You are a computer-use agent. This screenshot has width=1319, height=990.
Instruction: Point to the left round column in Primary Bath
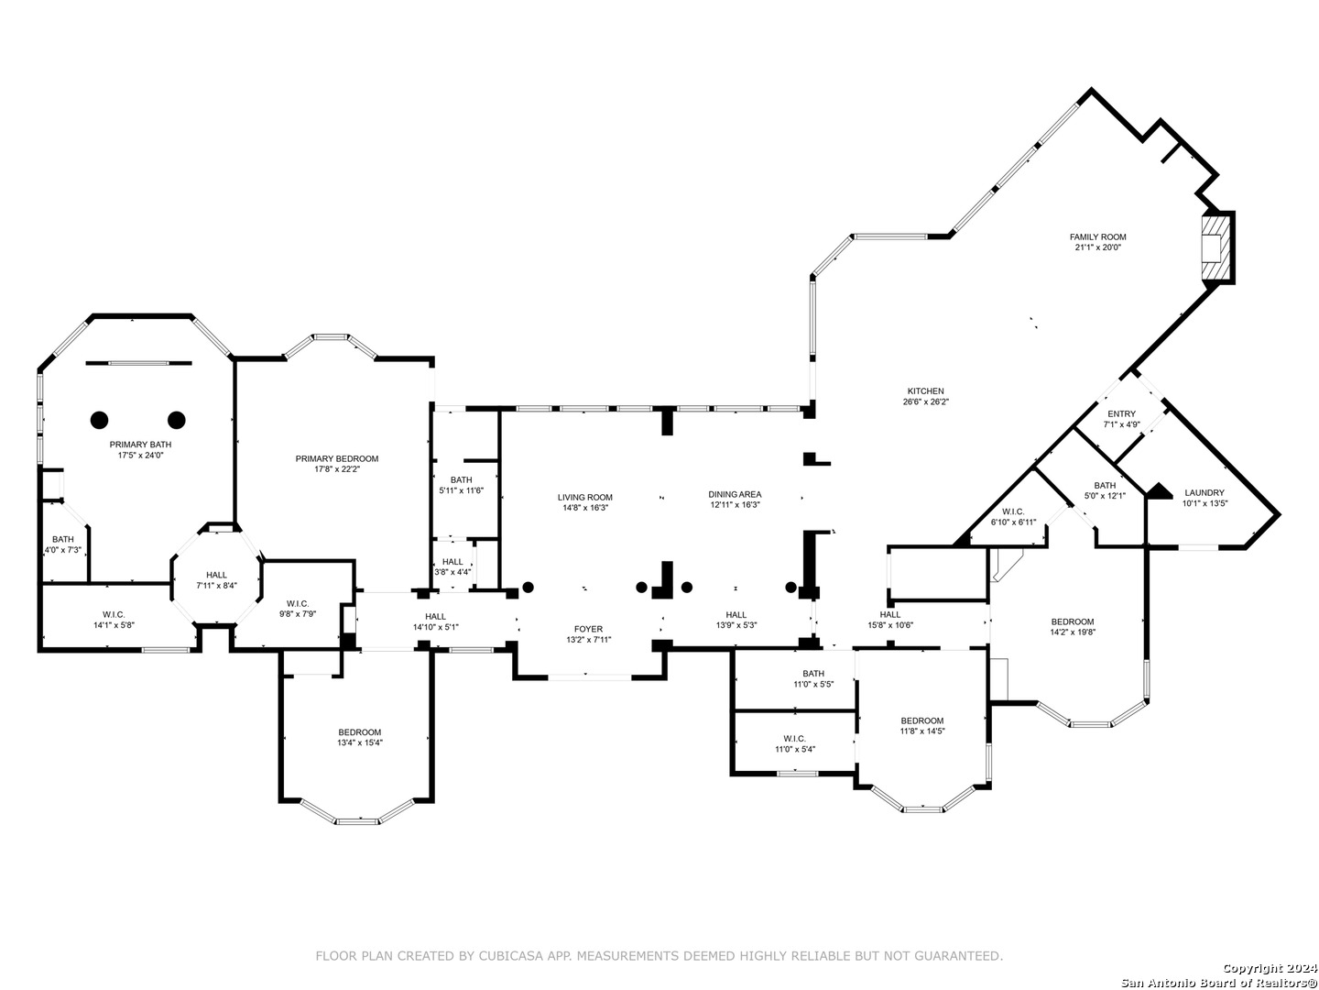tap(99, 420)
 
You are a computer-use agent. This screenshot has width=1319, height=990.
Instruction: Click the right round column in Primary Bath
tap(176, 420)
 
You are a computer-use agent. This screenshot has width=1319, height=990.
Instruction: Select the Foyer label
tap(588, 629)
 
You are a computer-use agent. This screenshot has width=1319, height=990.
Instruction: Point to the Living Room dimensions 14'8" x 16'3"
tap(584, 507)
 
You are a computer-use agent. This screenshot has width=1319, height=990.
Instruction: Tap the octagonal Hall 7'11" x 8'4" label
tap(216, 580)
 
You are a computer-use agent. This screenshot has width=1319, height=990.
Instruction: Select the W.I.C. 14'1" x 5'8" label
tap(114, 619)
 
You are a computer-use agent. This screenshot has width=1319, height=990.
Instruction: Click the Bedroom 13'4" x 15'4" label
tap(359, 737)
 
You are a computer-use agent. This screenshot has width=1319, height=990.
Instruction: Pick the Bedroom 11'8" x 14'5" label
tap(921, 725)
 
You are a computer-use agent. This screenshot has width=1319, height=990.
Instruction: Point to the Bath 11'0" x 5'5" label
tap(813, 678)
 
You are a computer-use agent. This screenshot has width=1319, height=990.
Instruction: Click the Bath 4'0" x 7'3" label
tap(62, 544)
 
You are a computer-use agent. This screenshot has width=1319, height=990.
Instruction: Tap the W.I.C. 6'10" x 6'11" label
tap(1013, 516)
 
